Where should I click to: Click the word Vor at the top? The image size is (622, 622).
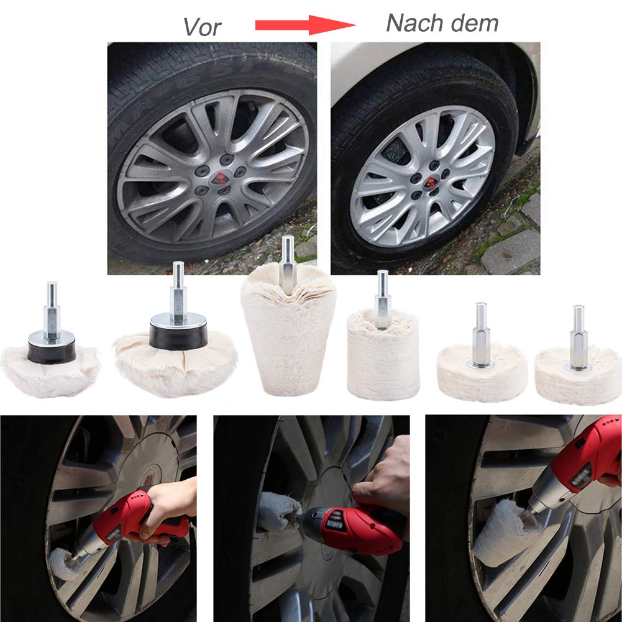click(x=202, y=27)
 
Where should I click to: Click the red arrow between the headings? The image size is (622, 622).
click(x=306, y=25)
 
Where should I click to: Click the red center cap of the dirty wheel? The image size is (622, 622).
click(x=220, y=179)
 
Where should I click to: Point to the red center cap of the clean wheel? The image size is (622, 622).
click(x=431, y=182)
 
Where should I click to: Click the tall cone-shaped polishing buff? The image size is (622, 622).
click(x=288, y=329)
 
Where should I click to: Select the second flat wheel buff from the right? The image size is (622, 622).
click(x=482, y=373)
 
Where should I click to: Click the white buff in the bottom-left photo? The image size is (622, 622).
click(x=63, y=564)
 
